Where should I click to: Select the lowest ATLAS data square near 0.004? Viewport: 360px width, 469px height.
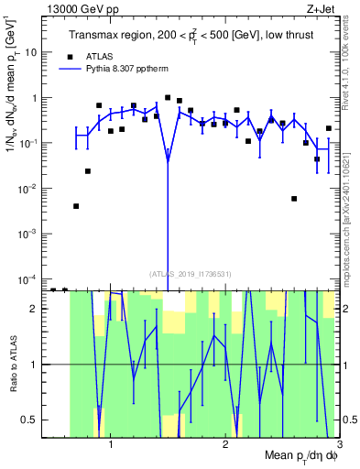[76, 206]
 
